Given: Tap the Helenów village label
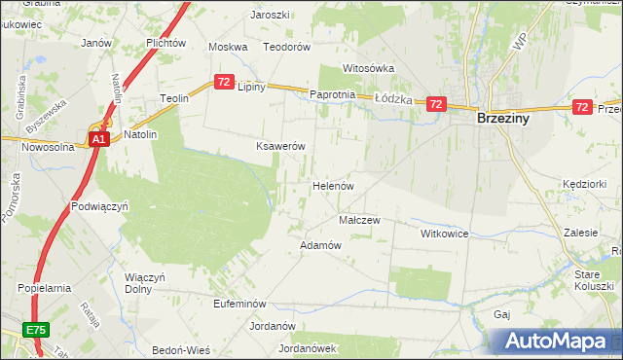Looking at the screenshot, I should coord(332,185).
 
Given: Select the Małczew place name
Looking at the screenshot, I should coord(358,220).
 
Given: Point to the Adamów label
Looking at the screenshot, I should coord(321,245).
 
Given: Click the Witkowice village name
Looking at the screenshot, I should coord(445,234).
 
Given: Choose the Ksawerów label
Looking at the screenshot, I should coord(280,146).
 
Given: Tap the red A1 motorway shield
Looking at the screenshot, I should coord(99,140).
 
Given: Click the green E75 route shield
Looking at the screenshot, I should coord(37,331).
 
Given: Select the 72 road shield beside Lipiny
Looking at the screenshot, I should coord(225,83).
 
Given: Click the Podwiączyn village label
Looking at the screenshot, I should coord(100,206).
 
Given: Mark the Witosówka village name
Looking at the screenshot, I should coord(368,69).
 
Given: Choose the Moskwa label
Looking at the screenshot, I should coord(229,47).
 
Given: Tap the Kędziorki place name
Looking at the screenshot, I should coord(584,184).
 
